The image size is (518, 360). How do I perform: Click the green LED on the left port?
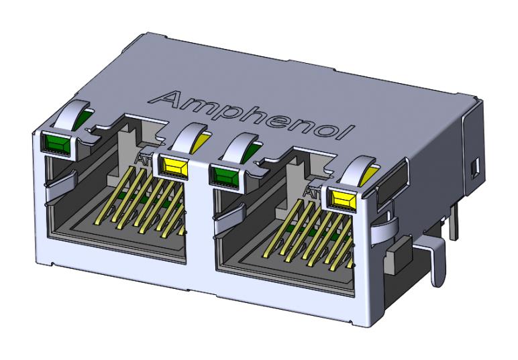coord(55,142)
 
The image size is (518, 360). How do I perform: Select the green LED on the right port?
coord(226,176)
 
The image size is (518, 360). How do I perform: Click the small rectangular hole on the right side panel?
coord(476,165)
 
